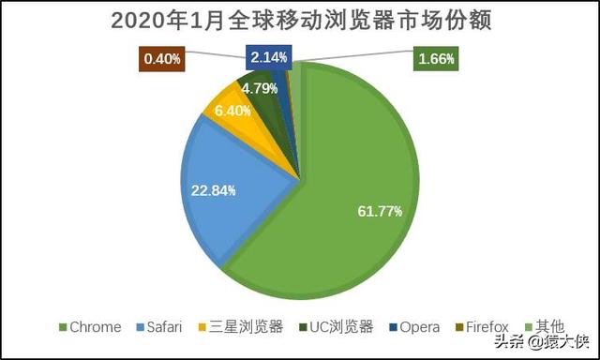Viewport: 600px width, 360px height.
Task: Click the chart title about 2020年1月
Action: [300, 20]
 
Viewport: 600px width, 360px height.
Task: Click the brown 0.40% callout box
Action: [162, 59]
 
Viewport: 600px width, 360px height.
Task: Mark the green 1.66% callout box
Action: [436, 59]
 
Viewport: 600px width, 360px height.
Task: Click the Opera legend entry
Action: [412, 327]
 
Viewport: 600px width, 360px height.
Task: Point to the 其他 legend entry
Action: [545, 327]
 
